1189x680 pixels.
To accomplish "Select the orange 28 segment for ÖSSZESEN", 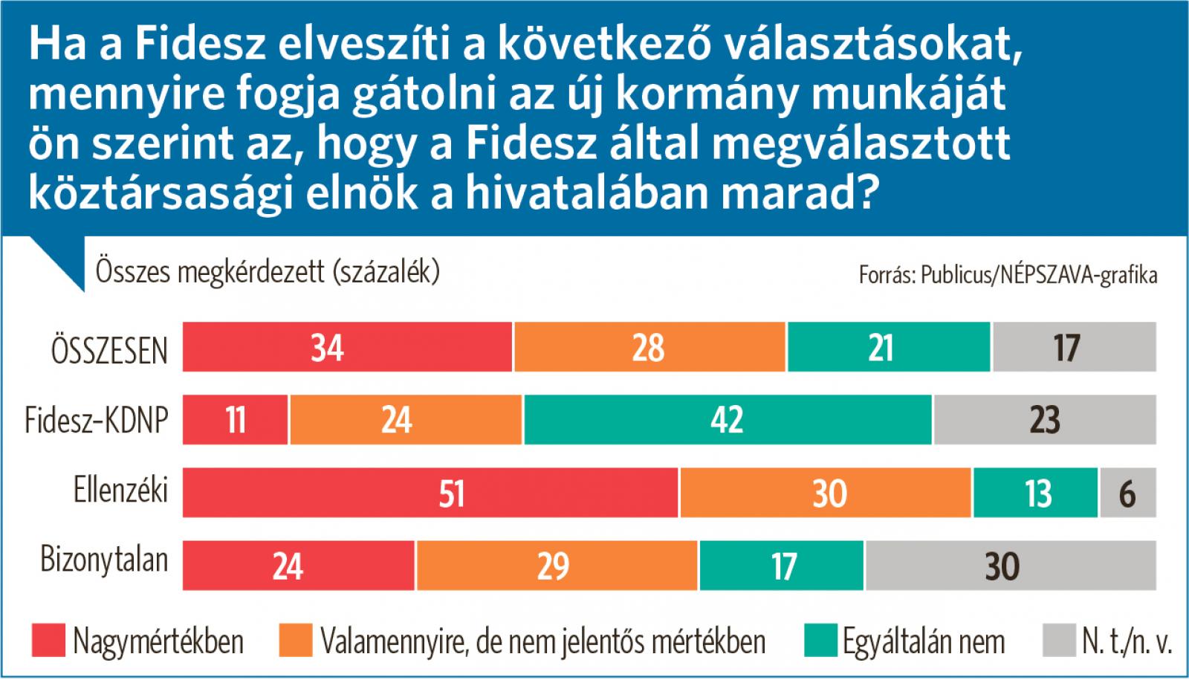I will [649, 347].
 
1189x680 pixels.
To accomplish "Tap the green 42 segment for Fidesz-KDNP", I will [728, 420].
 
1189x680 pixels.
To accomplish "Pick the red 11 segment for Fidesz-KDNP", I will [235, 420].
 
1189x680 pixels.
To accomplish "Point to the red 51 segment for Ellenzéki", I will [430, 493].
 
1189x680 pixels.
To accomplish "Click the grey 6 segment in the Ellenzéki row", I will [1128, 493].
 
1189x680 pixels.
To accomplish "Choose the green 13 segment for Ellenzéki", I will [1035, 493].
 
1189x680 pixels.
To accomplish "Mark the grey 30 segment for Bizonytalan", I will [1011, 566].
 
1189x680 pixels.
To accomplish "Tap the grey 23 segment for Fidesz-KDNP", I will [1045, 420].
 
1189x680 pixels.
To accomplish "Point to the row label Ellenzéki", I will [120, 490].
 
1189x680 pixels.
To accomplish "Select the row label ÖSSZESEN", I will [109, 350].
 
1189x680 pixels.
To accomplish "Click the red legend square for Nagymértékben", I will [48, 641].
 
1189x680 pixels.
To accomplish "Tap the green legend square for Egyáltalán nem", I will [820, 641].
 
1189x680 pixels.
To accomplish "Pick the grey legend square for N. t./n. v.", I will [1058, 641].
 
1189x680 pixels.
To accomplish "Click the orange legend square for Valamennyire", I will [295, 641].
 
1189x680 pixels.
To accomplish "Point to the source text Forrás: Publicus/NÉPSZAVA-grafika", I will [1008, 276].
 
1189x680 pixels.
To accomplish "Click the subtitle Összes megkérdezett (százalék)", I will [268, 273].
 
